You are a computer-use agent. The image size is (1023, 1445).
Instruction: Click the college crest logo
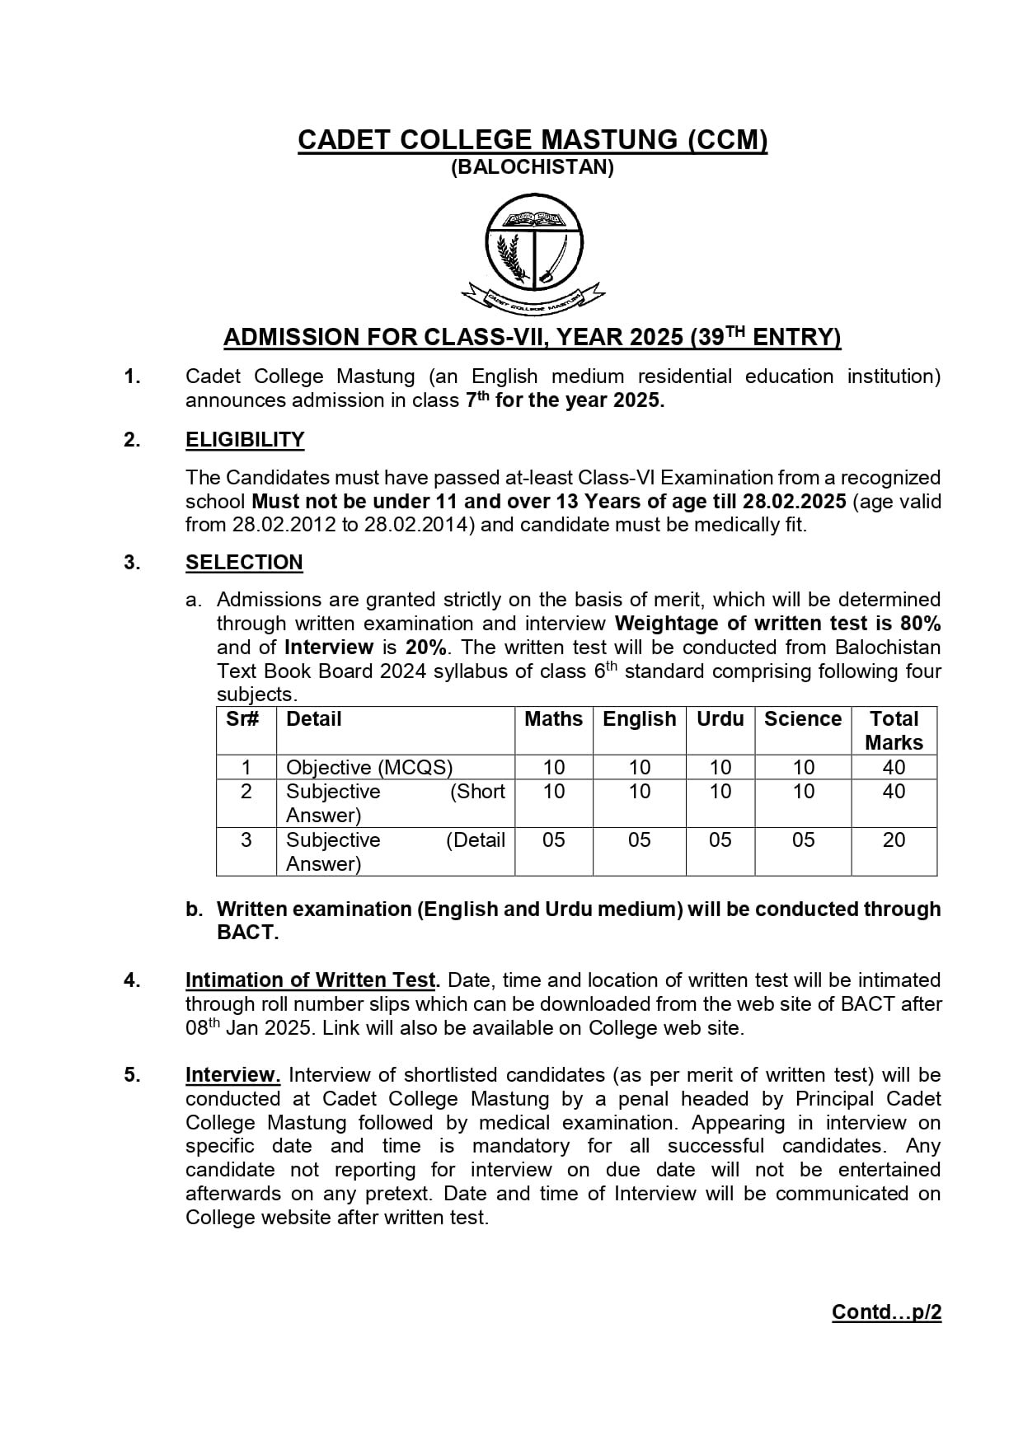click(x=533, y=252)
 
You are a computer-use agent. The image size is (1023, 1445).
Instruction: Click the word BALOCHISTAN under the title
click(x=533, y=167)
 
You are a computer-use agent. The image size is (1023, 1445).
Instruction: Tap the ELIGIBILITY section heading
click(x=245, y=440)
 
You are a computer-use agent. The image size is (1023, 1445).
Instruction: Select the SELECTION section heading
click(x=244, y=563)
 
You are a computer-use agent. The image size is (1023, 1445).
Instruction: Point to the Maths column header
click(x=553, y=719)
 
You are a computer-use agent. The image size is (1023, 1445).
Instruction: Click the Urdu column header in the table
click(x=720, y=719)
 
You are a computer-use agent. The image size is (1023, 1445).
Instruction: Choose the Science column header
click(x=803, y=719)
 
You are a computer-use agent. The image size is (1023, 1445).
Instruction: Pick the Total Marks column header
click(x=894, y=731)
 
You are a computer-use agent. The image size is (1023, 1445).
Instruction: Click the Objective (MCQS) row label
click(x=369, y=768)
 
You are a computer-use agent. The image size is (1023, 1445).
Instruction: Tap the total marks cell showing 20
click(x=894, y=840)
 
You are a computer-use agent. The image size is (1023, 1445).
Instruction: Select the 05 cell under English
click(x=640, y=840)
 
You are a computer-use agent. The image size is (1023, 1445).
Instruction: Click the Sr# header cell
click(x=243, y=719)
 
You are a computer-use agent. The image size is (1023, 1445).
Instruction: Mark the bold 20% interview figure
click(x=426, y=648)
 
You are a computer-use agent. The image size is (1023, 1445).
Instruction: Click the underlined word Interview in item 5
click(x=232, y=1075)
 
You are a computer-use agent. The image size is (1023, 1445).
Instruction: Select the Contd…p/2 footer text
click(x=886, y=1312)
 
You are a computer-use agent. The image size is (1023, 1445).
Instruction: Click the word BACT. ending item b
click(x=247, y=933)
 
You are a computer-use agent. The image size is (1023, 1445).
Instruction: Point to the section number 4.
click(x=132, y=980)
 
